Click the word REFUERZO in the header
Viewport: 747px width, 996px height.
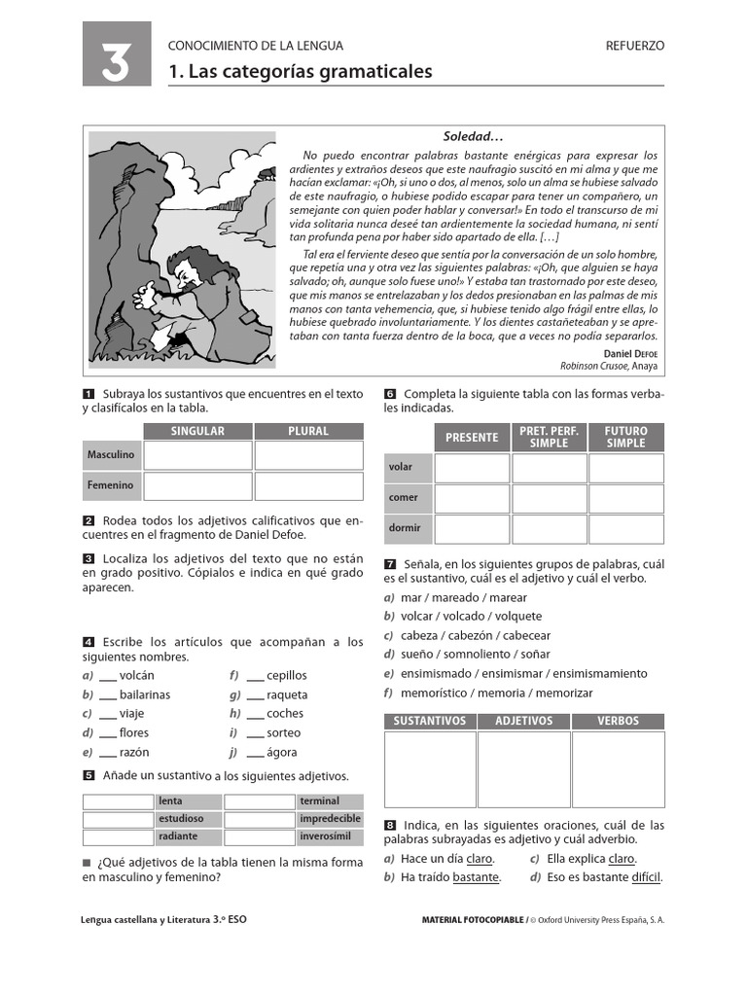coord(634,46)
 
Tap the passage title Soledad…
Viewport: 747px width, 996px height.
coord(474,137)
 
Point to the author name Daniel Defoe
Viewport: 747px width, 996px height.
coord(630,353)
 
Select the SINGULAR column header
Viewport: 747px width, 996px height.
coord(197,431)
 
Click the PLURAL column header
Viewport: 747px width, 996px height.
coord(308,431)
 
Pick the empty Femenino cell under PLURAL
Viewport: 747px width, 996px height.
coord(308,485)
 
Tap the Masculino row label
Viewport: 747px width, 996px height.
coord(111,455)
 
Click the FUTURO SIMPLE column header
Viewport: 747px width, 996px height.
coord(625,437)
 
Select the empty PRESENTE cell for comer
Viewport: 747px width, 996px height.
coord(472,498)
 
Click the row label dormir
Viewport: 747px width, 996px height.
coord(405,528)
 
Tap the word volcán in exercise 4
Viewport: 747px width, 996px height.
coord(137,675)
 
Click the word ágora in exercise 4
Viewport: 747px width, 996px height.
coord(282,752)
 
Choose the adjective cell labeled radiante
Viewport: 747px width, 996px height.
coord(178,836)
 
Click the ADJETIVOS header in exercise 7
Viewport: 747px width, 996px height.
coord(523,721)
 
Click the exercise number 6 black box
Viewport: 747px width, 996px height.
coord(390,394)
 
